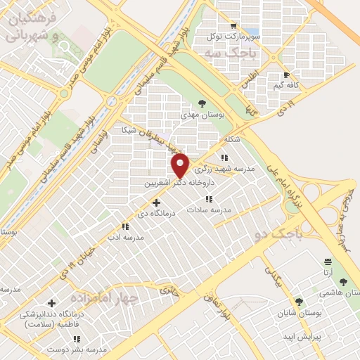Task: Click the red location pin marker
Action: coord(181,165)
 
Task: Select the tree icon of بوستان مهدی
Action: coord(202,103)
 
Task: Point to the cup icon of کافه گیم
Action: coord(285,75)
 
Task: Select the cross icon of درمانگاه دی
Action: coord(156,202)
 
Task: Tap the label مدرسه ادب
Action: coord(125,237)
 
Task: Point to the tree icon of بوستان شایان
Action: coord(300,302)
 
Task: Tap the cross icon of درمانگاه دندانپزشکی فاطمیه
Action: coord(52,304)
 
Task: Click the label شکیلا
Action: coord(231,139)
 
